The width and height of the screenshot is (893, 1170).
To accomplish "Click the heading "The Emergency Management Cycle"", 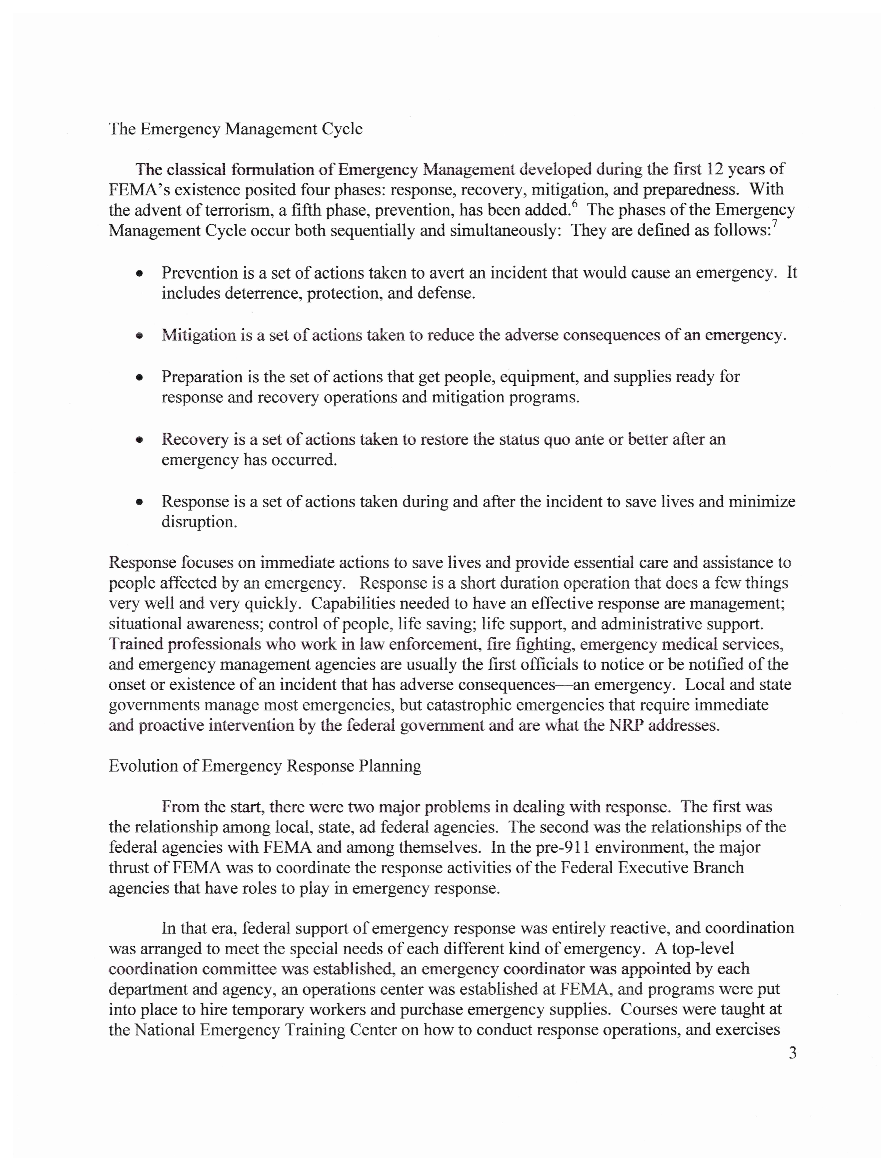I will pyautogui.click(x=235, y=129).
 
